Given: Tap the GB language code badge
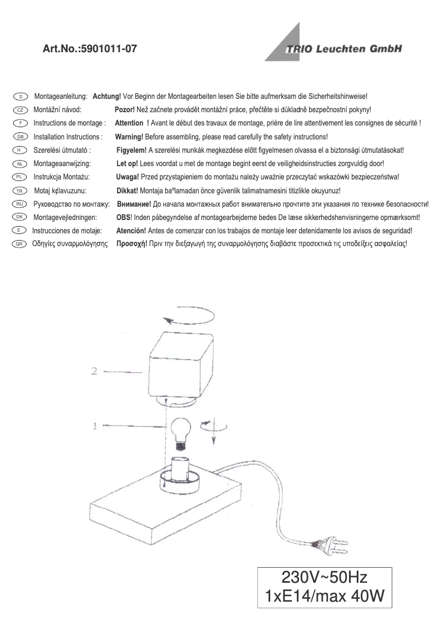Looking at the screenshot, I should (x=20, y=137).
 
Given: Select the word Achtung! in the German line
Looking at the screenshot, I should (x=108, y=97).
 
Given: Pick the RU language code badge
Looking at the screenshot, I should (x=20, y=204).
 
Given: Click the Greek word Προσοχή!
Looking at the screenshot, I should (x=131, y=244).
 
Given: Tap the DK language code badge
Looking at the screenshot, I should (x=20, y=217).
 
